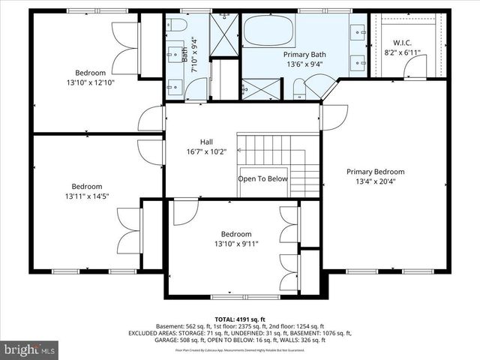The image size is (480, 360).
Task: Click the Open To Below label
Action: [262, 178]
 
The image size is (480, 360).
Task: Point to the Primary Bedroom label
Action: [375, 171]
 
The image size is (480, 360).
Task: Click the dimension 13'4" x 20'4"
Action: [375, 181]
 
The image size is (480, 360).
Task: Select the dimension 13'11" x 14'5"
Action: [87, 196]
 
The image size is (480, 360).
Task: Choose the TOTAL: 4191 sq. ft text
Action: [240, 318]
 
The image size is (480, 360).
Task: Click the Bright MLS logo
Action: [30, 349]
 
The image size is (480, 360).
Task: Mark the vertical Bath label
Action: [185, 54]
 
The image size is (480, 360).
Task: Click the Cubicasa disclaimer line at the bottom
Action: [240, 349]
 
